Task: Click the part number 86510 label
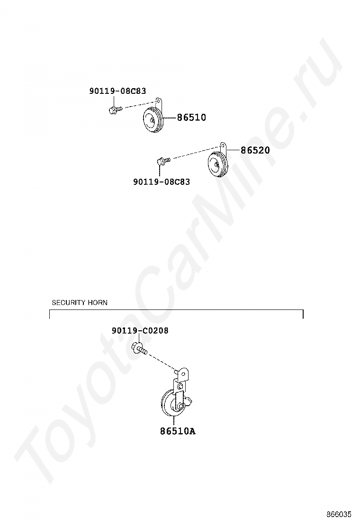[x=191, y=118]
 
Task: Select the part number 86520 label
[x=255, y=150]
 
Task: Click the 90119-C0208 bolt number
[x=140, y=331]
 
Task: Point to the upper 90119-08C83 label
[x=117, y=91]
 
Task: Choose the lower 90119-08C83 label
[x=162, y=181]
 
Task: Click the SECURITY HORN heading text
[x=80, y=302]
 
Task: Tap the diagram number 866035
[x=339, y=514]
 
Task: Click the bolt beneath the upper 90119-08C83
[x=114, y=110]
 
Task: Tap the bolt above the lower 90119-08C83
[x=162, y=161]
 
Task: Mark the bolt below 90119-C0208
[x=140, y=350]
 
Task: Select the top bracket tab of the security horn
[x=182, y=374]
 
